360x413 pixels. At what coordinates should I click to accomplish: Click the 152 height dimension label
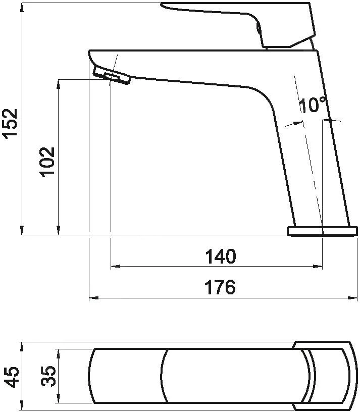coord(10,122)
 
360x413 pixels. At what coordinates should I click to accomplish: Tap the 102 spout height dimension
coord(47,162)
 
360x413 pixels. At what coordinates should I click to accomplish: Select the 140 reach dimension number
coord(221,256)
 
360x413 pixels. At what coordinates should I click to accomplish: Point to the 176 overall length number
coord(220,287)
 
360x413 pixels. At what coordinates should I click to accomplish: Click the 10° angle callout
coord(313,105)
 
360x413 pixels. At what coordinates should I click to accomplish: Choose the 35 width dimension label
coord(48,376)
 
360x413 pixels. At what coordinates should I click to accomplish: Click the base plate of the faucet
coord(322,231)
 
